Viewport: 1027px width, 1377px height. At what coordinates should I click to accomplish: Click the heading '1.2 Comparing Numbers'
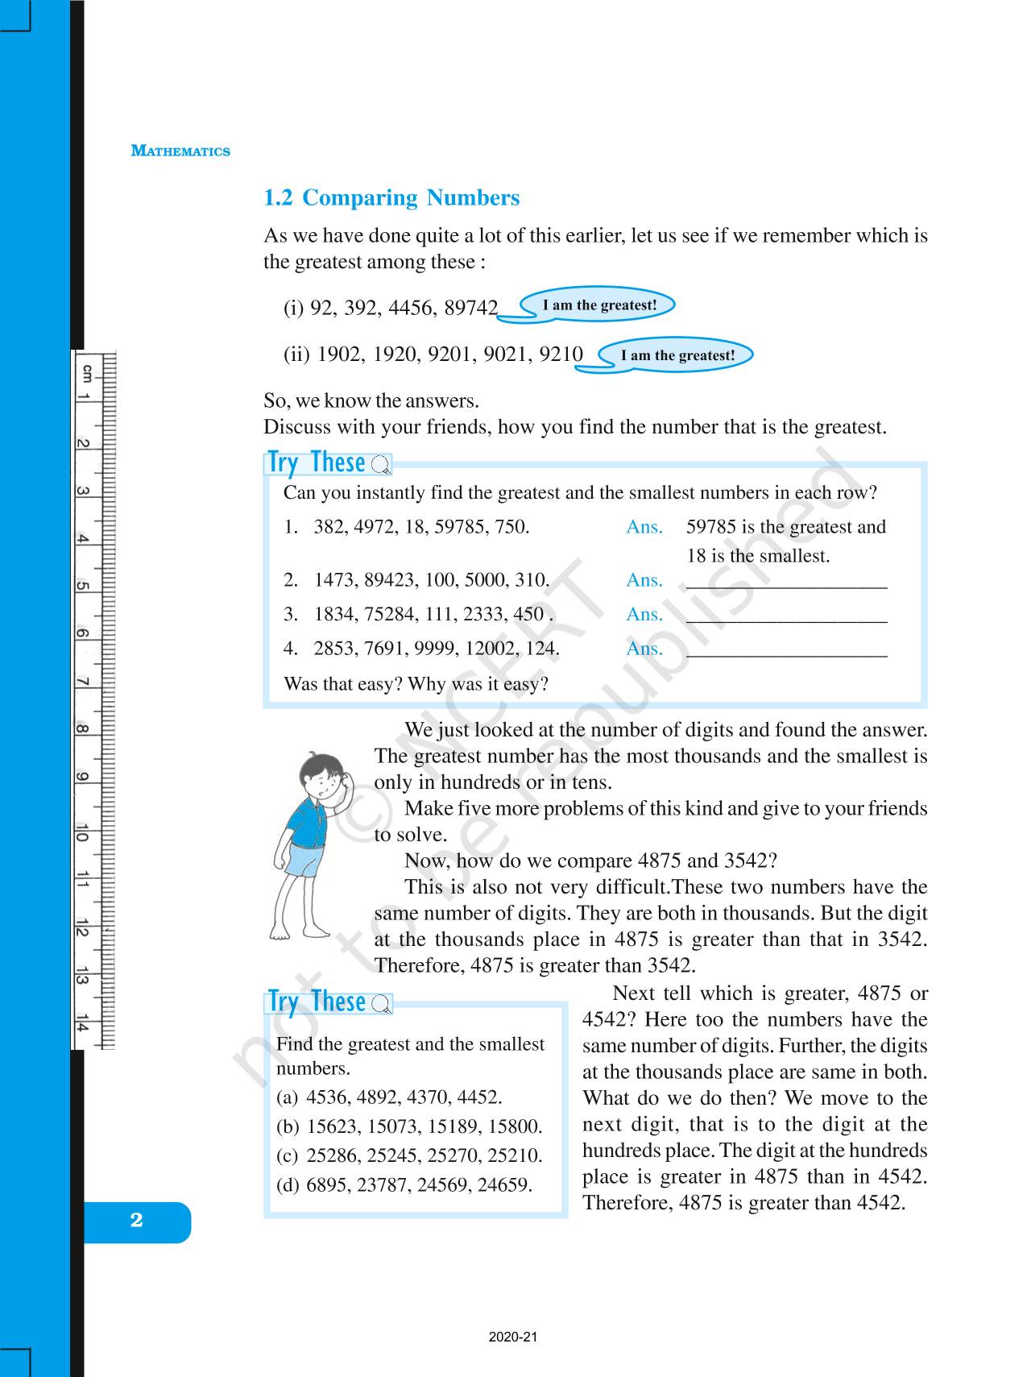click(391, 198)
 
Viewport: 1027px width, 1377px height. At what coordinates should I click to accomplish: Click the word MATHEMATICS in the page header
click(180, 151)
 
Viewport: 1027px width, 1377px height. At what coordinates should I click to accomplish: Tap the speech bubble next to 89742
click(598, 305)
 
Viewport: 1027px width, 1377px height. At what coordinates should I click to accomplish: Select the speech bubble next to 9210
click(677, 355)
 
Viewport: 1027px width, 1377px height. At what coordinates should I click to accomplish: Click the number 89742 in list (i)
click(471, 308)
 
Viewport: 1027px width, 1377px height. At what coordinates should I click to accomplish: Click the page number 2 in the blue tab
click(137, 1220)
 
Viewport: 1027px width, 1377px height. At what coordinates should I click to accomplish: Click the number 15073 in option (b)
click(392, 1126)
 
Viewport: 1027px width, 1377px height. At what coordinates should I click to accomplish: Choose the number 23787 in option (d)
click(381, 1184)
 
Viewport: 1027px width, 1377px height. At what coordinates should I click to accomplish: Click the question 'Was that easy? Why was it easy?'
click(416, 684)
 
